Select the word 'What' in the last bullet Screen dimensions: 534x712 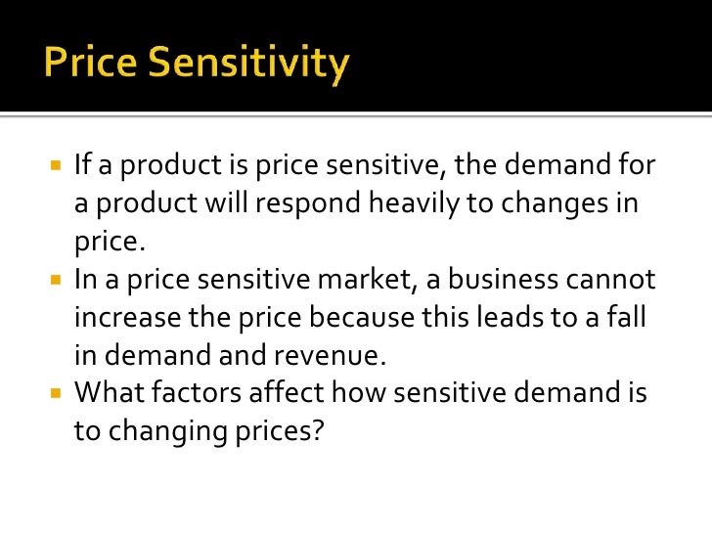coord(111,394)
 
